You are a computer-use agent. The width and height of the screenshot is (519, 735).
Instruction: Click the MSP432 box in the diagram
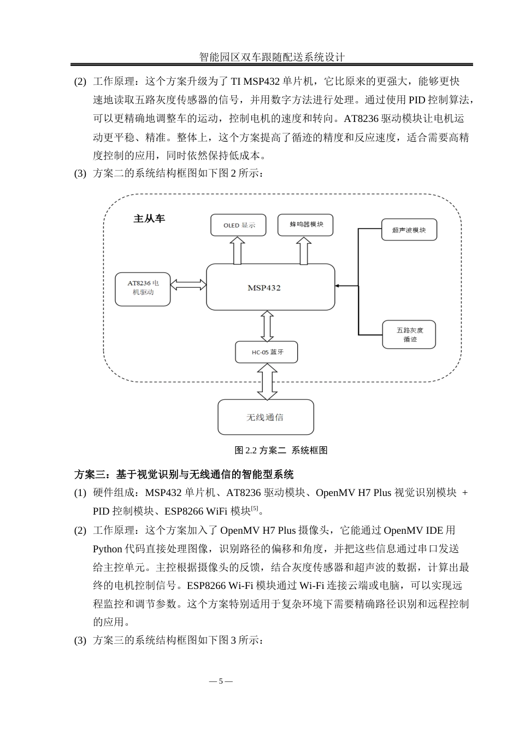270,287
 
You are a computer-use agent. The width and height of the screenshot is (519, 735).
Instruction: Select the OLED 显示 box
239,225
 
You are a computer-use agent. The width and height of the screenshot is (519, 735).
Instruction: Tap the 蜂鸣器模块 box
305,224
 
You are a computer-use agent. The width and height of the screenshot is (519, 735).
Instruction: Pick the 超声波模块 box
409,230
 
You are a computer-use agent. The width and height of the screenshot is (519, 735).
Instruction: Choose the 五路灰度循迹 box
409,335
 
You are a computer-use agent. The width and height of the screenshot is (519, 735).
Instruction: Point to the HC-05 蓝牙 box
267,352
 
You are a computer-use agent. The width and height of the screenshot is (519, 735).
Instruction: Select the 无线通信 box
266,417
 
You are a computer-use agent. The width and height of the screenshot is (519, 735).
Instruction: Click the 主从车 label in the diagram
149,218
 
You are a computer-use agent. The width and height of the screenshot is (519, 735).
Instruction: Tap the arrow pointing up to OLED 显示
237,250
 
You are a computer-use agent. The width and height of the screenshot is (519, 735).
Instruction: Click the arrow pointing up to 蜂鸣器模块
305,250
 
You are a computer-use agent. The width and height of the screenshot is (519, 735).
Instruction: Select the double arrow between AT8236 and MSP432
188,284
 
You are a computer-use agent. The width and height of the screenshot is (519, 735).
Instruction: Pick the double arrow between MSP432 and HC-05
267,326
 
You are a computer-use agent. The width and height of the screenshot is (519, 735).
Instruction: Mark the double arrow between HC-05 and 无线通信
267,381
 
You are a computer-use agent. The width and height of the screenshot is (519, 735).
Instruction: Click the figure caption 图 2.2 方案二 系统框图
281,450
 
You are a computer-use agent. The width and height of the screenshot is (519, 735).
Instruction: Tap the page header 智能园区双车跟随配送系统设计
272,57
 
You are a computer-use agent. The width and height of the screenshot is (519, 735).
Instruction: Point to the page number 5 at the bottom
221,681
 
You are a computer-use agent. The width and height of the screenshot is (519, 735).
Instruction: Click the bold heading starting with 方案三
184,474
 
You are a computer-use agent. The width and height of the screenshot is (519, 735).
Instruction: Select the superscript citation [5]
254,509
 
